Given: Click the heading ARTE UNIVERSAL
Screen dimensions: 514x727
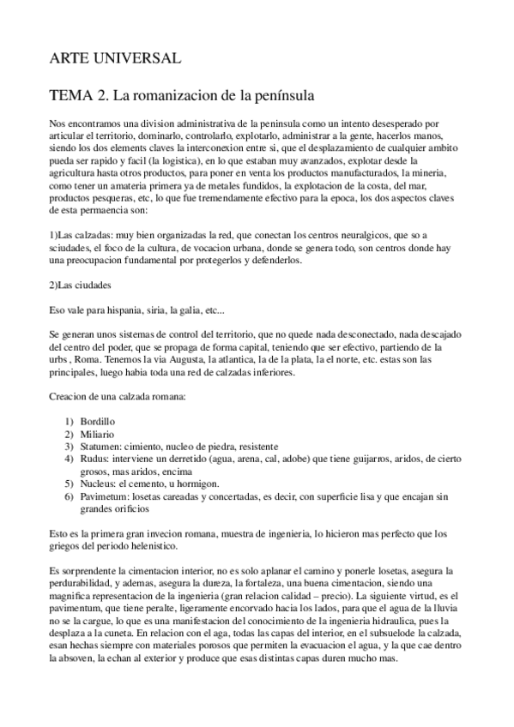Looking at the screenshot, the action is [114, 57].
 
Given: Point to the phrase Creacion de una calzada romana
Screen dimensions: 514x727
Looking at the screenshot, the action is [124, 395].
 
